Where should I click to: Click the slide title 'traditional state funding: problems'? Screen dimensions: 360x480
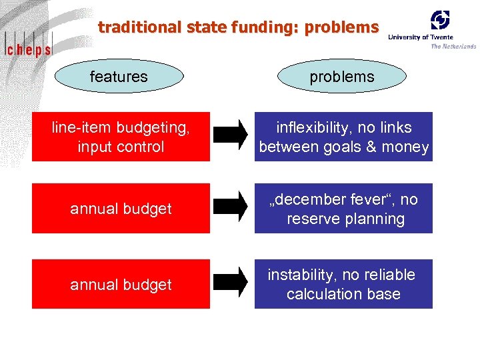point(238,27)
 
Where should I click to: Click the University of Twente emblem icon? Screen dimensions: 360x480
point(439,19)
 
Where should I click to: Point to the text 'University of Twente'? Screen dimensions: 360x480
point(420,37)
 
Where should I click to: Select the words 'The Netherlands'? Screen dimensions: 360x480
point(453,46)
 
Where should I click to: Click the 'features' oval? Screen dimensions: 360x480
point(119,77)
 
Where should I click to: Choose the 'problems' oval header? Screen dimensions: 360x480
point(341,77)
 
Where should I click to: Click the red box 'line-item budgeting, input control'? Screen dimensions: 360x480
point(121,137)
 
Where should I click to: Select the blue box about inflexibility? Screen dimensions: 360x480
point(343,137)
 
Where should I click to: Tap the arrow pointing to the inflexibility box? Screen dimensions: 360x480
point(231,136)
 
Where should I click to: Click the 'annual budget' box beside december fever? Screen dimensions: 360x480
point(121,209)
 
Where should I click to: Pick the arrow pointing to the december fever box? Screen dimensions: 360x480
point(231,208)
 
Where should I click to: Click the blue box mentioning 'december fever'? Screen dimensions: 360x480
point(343,209)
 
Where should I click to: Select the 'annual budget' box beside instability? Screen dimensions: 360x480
point(121,285)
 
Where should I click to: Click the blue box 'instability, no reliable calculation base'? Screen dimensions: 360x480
point(343,284)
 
